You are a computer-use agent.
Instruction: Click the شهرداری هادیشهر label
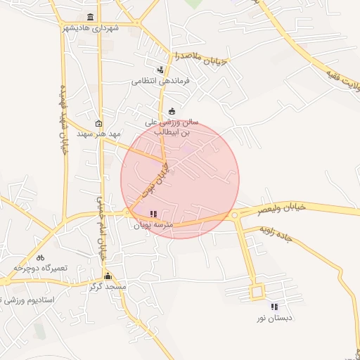(89, 27)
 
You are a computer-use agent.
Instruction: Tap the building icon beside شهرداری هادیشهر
(89, 17)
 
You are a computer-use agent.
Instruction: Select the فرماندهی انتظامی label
(161, 81)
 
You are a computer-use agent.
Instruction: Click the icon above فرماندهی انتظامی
(161, 70)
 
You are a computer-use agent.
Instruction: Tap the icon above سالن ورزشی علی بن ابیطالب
(172, 110)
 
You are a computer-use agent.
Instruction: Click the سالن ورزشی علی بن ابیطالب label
(172, 127)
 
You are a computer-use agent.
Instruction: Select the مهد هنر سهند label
(98, 133)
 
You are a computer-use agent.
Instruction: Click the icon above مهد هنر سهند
(98, 122)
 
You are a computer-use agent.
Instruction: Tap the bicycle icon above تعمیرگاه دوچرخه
(40, 257)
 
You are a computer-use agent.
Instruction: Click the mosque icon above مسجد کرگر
(108, 276)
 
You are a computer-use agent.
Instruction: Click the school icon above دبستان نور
(274, 307)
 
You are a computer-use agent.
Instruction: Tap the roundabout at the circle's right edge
(235, 214)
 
